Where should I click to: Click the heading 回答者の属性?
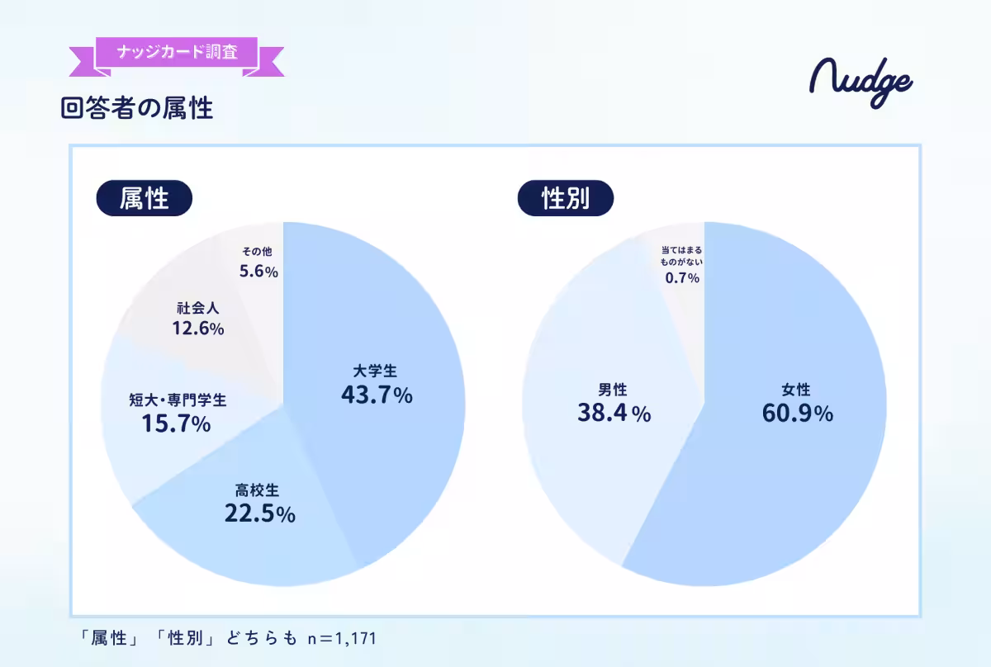pos(137,108)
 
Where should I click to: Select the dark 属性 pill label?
pos(145,198)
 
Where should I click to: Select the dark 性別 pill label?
pos(566,198)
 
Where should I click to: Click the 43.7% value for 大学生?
pos(377,395)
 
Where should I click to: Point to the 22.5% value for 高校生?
pos(259,513)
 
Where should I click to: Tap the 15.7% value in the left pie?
pos(176,424)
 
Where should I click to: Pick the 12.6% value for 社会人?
pos(197,329)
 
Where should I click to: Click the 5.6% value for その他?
pos(258,271)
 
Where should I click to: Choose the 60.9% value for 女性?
pos(797,414)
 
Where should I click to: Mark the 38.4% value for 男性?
pos(614,414)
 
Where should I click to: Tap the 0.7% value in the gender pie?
pos(682,278)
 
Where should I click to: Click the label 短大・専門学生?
pos(178,400)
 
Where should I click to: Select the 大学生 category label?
pos(377,371)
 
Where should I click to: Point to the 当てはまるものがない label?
pos(682,254)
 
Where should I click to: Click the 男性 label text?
pos(613,390)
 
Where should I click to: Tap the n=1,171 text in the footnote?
pos(341,637)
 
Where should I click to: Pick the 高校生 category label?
pos(259,491)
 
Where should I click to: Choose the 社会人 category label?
pos(197,308)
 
